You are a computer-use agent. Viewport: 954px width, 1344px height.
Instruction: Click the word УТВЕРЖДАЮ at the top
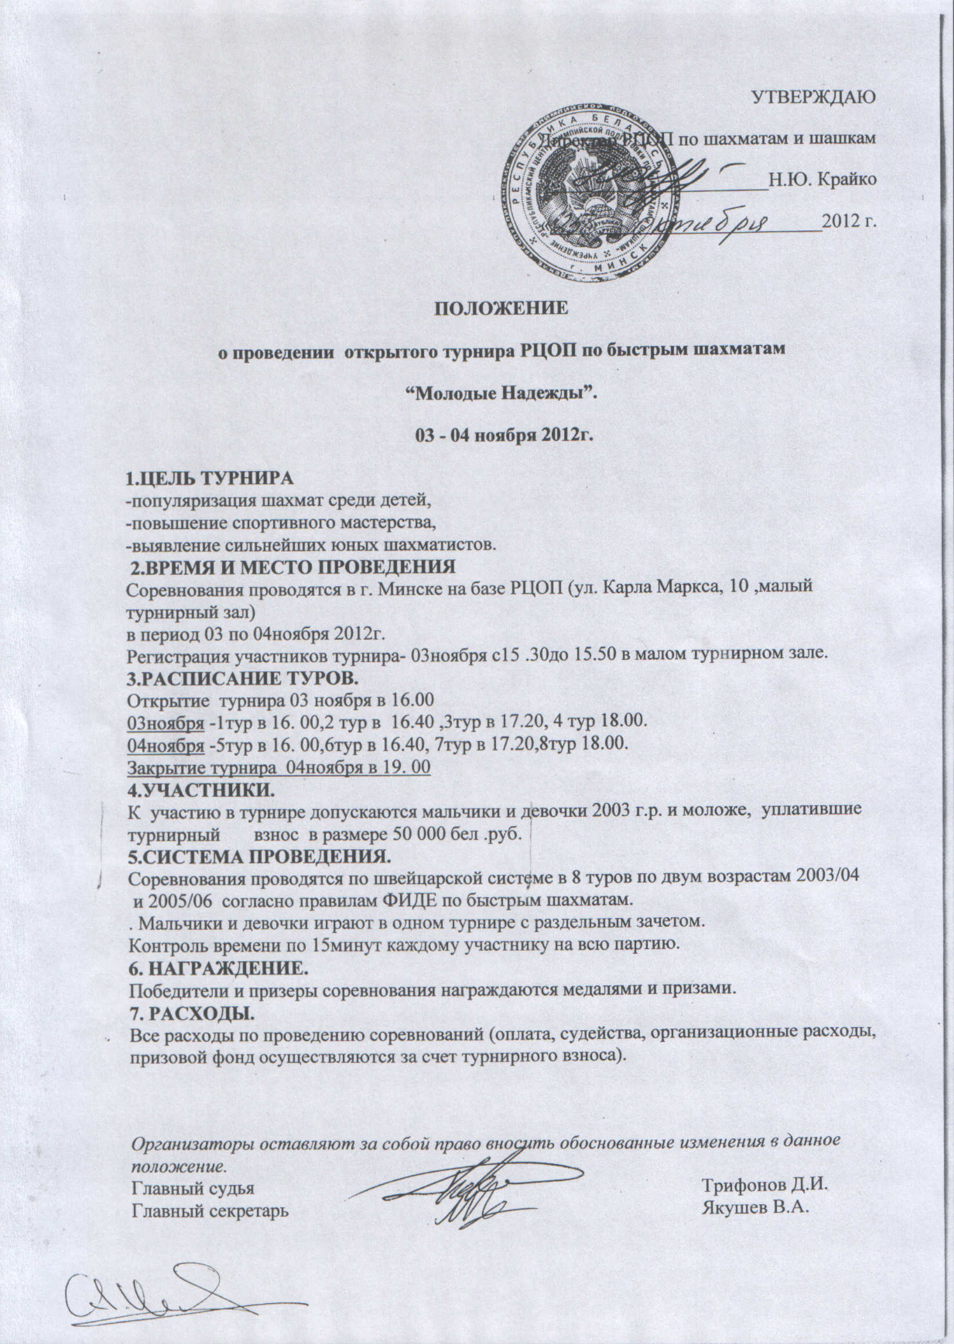[x=814, y=97]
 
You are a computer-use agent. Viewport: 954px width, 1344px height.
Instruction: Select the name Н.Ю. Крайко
[x=823, y=179]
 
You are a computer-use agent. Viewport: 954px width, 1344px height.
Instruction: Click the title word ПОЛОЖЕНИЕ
[x=500, y=307]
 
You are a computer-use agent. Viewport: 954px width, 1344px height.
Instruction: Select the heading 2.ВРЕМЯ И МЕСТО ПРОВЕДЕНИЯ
[x=292, y=567]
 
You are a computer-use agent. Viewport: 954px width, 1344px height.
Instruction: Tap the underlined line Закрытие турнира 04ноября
[x=279, y=767]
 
